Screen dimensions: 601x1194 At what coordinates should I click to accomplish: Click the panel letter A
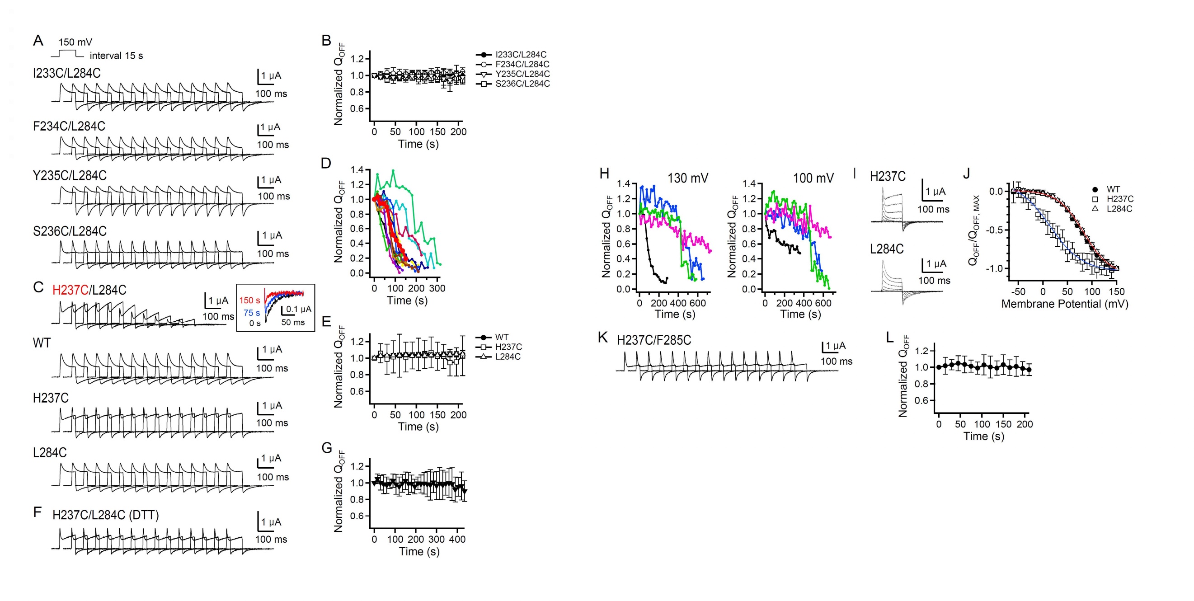click(38, 41)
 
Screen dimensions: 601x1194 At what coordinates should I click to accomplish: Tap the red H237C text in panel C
click(70, 290)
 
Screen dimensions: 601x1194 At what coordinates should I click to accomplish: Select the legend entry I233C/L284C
click(521, 55)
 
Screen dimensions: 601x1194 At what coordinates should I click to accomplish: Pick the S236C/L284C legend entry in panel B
click(522, 84)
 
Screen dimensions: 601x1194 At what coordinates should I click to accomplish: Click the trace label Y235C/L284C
click(70, 176)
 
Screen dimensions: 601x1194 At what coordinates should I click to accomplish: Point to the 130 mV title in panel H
click(687, 178)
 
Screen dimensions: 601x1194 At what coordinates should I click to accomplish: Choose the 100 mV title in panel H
click(813, 178)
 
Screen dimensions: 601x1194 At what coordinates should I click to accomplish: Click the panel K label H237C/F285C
click(653, 341)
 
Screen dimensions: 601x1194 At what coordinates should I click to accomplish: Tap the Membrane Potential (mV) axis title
click(1065, 304)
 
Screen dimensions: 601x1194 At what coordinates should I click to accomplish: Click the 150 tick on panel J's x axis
click(1117, 292)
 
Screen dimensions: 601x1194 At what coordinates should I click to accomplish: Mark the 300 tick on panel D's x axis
click(437, 288)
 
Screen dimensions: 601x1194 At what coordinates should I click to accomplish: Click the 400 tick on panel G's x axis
click(457, 540)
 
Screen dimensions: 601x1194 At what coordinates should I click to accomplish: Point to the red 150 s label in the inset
click(249, 300)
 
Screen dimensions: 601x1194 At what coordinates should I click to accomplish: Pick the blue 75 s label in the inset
click(252, 313)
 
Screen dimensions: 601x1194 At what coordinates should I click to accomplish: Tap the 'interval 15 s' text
click(116, 56)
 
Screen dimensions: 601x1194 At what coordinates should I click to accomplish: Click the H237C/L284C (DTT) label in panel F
click(105, 515)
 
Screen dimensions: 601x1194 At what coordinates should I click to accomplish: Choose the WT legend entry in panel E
click(502, 338)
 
